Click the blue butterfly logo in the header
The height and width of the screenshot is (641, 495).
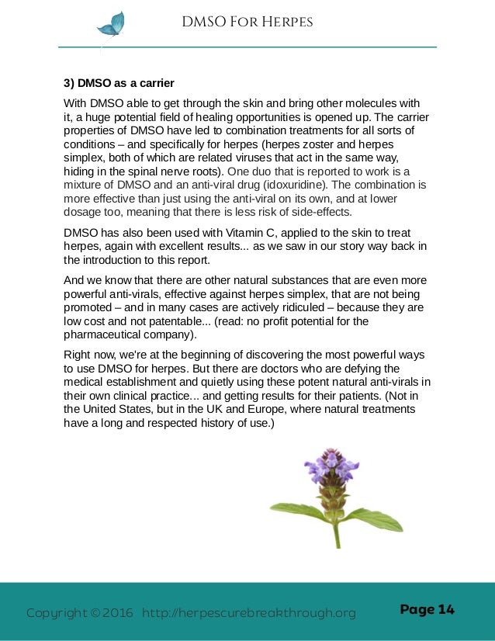[110, 25]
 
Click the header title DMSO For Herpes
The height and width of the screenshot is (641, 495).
[247, 22]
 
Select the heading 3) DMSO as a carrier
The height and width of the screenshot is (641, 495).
[119, 83]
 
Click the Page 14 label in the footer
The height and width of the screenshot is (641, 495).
[427, 609]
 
